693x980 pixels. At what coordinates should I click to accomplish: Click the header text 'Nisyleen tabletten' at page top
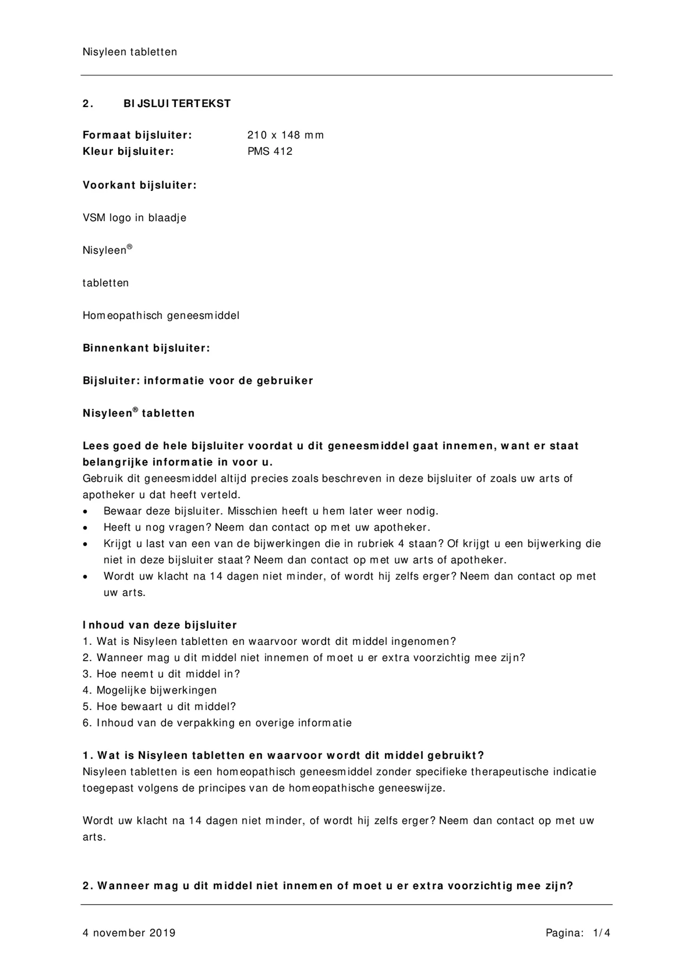(130, 52)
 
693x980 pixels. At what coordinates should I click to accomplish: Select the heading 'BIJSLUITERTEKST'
(177, 104)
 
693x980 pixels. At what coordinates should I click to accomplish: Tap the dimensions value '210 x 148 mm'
(285, 135)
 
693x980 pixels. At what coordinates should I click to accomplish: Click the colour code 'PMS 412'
(270, 152)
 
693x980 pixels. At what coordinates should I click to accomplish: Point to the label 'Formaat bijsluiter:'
(137, 135)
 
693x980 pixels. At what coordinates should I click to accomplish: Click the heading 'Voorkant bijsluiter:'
(140, 185)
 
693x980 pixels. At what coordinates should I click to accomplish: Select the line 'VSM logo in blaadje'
(135, 218)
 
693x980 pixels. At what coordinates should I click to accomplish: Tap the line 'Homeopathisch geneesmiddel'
(161, 316)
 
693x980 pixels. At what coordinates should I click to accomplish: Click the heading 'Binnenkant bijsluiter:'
(146, 348)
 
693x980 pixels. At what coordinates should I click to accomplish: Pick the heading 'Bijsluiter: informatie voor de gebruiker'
(198, 381)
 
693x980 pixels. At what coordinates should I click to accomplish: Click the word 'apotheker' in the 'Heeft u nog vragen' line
(402, 528)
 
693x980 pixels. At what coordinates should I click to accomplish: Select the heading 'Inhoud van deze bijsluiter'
(160, 625)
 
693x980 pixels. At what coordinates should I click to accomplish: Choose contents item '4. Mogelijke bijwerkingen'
(150, 690)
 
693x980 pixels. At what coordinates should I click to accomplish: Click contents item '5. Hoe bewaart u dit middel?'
(160, 706)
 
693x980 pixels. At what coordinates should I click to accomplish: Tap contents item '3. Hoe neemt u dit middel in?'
(161, 674)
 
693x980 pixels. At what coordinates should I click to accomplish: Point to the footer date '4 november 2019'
(129, 933)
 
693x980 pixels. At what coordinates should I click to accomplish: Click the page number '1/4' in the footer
(602, 933)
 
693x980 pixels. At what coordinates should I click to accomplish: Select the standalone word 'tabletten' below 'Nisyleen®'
(106, 283)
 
